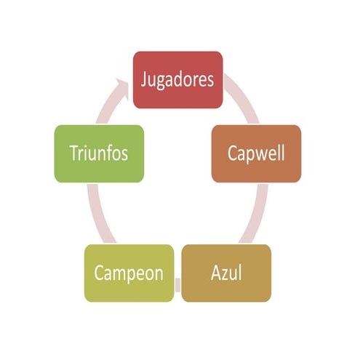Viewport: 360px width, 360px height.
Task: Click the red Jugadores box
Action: pyautogui.click(x=177, y=80)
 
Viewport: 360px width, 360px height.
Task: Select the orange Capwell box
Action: pyautogui.click(x=256, y=153)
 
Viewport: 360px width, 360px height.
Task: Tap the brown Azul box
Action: pyautogui.click(x=226, y=273)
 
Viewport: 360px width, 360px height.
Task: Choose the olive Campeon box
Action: pyautogui.click(x=129, y=273)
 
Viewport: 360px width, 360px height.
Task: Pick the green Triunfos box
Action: pyautogui.click(x=99, y=153)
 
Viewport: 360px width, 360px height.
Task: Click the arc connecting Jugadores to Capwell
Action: pyautogui.click(x=243, y=97)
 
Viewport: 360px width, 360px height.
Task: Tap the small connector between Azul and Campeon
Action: pyautogui.click(x=177, y=285)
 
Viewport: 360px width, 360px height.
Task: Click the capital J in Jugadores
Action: pyautogui.click(x=144, y=80)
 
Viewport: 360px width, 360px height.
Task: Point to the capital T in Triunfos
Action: pyautogui.click(x=74, y=153)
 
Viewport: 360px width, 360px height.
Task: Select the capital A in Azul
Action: pyautogui.click(x=216, y=273)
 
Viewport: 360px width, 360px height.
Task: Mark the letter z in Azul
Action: pyautogui.click(x=225, y=275)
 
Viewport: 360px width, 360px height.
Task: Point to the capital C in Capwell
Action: pyautogui.click(x=232, y=153)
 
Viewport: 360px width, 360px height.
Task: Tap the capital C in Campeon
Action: pyautogui.click(x=98, y=273)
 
